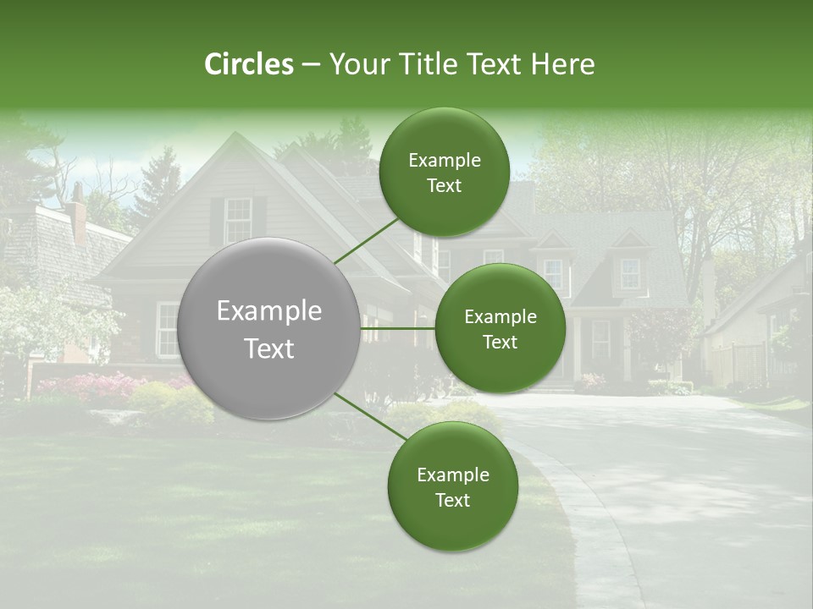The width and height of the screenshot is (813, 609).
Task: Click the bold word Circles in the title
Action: (x=249, y=64)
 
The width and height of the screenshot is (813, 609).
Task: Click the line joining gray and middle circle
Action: (x=398, y=328)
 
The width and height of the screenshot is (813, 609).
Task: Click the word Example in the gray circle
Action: (x=269, y=311)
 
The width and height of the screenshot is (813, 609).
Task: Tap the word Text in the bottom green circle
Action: (x=453, y=500)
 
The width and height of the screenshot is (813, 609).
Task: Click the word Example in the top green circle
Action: (x=445, y=161)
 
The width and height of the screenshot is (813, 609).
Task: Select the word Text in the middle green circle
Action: (x=501, y=342)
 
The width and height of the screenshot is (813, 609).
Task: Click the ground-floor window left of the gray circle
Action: (x=168, y=329)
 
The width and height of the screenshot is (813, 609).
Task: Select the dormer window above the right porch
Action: (x=630, y=273)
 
